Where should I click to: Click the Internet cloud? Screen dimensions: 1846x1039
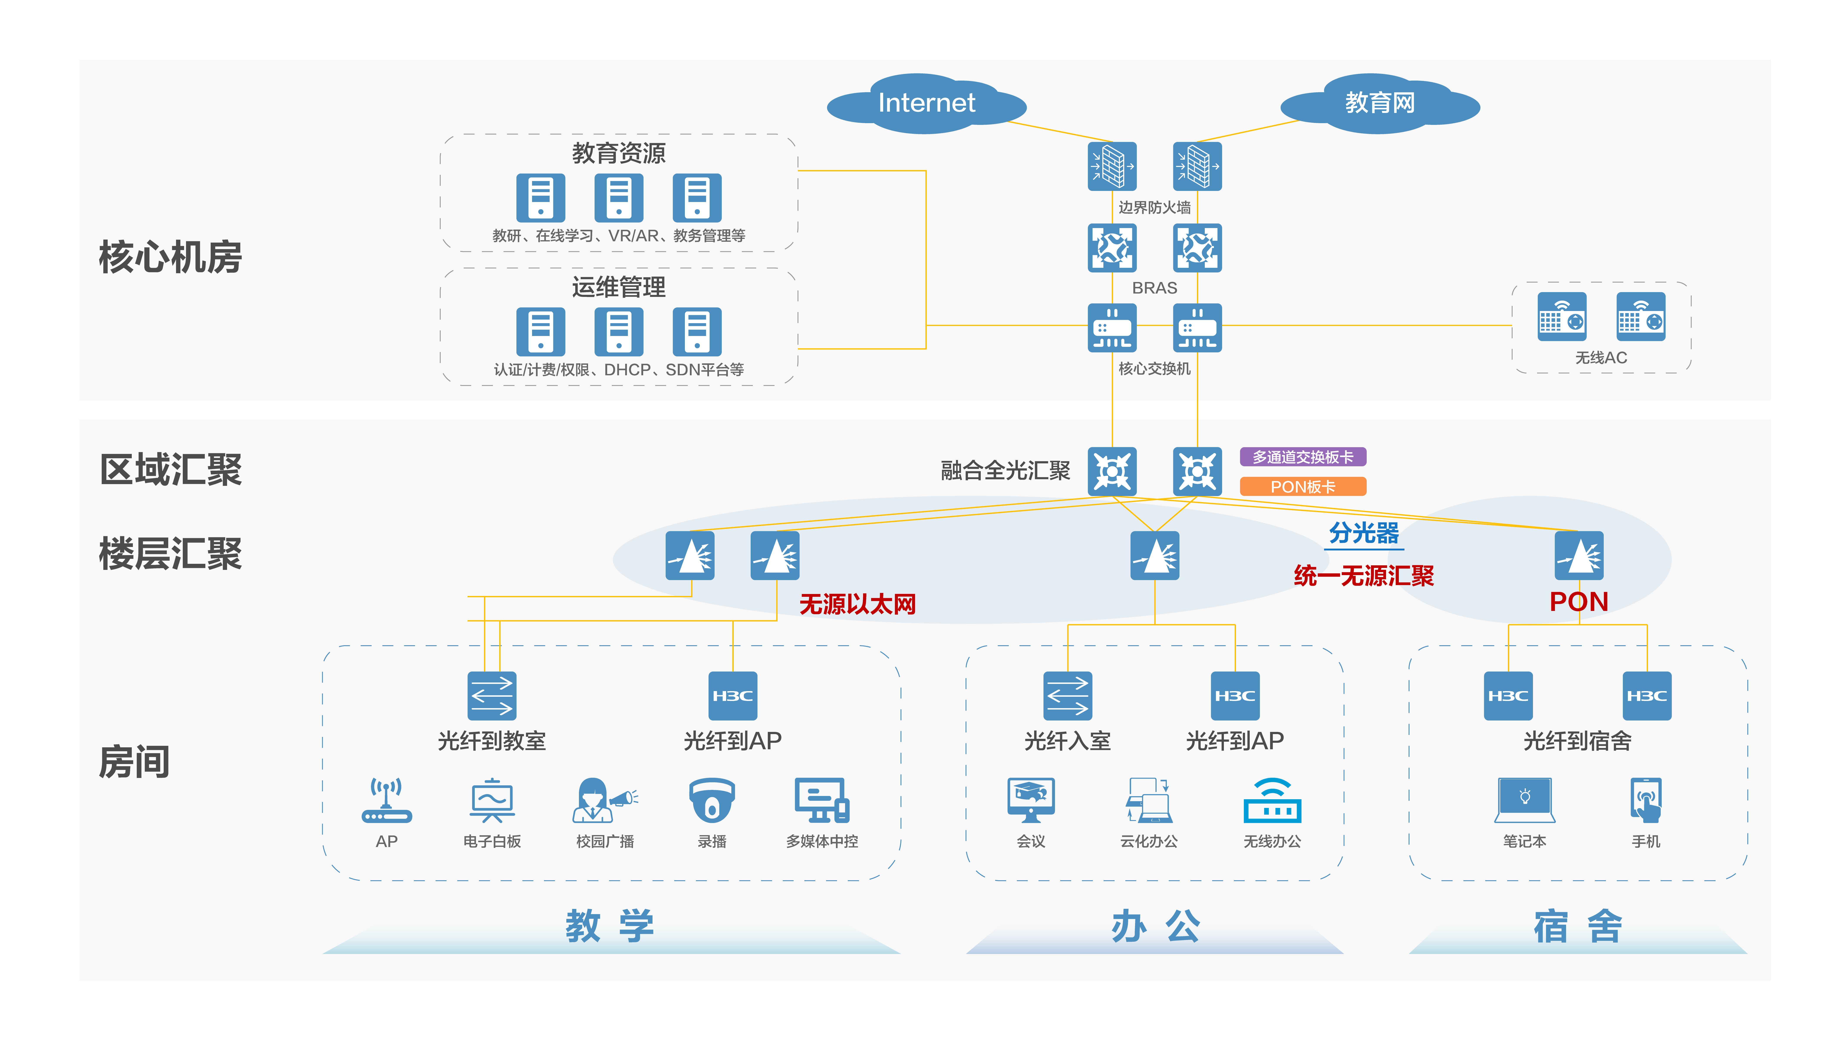(x=927, y=104)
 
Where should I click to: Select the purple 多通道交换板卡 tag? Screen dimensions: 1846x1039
(x=1303, y=457)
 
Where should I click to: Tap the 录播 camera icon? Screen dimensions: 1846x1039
(x=712, y=800)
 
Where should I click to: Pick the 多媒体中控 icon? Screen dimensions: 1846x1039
(x=822, y=800)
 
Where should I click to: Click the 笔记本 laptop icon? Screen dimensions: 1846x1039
(x=1525, y=800)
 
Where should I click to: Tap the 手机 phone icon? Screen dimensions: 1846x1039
(x=1646, y=800)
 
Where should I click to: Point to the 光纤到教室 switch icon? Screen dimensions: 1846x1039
(x=492, y=696)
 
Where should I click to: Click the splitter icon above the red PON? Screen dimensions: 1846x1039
(x=1579, y=556)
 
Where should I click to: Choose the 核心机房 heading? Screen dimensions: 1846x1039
(x=171, y=257)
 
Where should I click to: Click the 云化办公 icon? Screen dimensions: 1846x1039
(x=1149, y=800)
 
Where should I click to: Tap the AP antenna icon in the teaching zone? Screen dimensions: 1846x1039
(x=386, y=800)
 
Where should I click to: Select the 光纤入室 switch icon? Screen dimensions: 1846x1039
(x=1068, y=696)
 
